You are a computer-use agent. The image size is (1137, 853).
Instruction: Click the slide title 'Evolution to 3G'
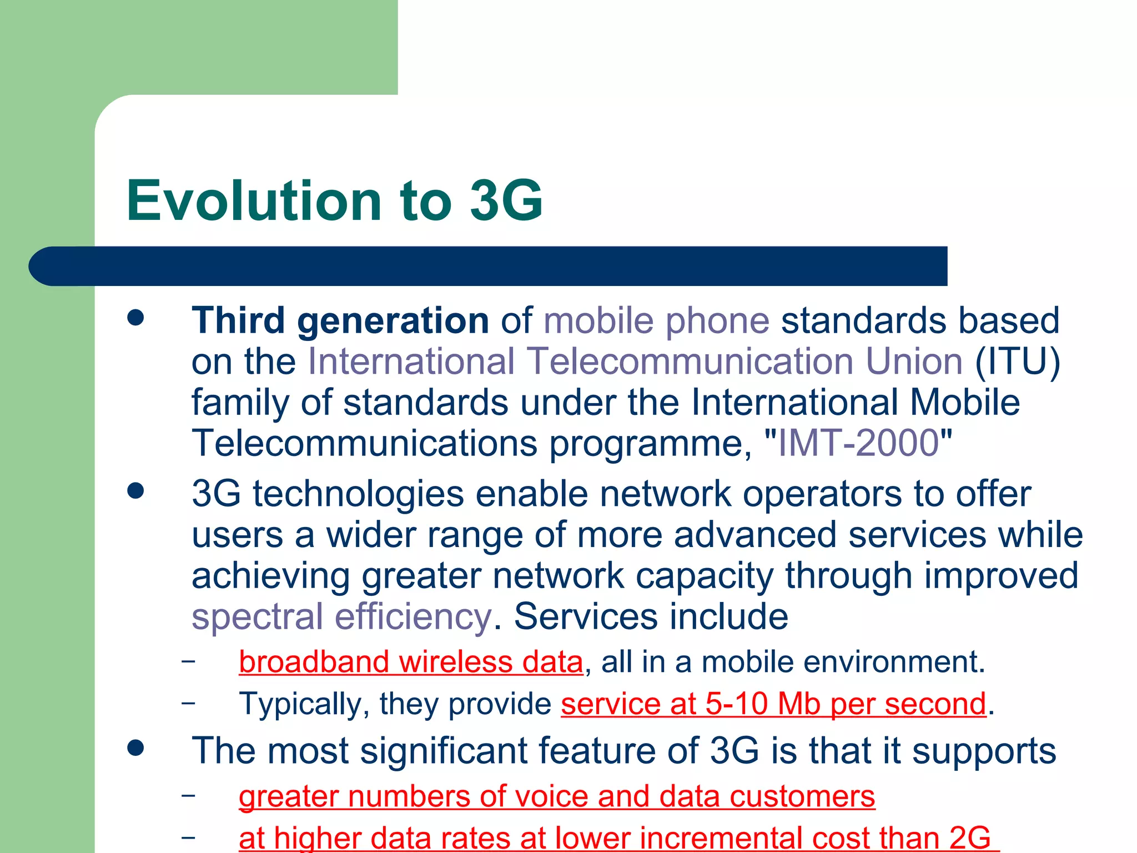tap(334, 201)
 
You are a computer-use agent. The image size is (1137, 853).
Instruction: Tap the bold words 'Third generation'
tap(340, 321)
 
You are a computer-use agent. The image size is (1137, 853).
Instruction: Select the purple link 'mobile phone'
tap(656, 321)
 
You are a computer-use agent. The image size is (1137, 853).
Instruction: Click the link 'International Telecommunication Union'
tap(635, 362)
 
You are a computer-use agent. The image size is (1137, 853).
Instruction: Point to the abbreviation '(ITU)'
tap(1017, 362)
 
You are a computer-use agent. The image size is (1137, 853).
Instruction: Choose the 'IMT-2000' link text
tap(858, 443)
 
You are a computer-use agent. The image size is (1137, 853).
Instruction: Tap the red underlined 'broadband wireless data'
tap(411, 662)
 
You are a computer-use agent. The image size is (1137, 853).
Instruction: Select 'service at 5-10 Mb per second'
tap(773, 704)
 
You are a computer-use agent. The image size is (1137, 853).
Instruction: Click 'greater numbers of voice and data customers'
tap(557, 796)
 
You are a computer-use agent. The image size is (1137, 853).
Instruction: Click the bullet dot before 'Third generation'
tap(135, 318)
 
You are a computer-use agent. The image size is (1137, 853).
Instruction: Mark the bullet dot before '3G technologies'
tap(135, 491)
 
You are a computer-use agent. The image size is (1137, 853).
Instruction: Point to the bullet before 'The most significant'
tap(135, 747)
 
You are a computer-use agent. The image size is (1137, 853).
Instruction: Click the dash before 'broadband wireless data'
tap(188, 661)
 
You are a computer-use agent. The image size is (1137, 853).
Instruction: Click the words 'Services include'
tap(651, 616)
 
